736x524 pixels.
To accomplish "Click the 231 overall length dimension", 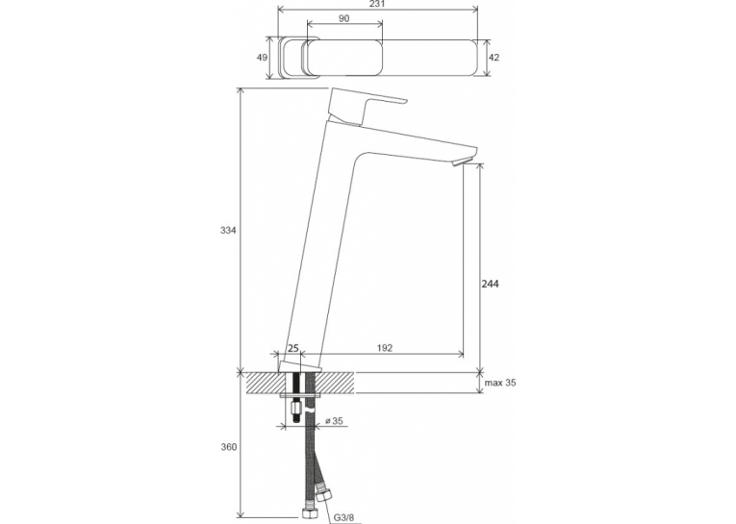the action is coord(377,4).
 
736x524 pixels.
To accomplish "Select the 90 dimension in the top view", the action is coord(344,18).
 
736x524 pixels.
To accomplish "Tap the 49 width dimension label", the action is coord(262,58).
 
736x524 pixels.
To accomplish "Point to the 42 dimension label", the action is coord(495,58).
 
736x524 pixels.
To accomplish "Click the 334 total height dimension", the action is coord(228,231).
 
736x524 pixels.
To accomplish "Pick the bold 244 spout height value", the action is coord(491,284).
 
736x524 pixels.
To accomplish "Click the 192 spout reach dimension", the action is coord(385,348).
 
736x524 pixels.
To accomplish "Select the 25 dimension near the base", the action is coord(292,348).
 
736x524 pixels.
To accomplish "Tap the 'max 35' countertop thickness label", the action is coord(500,383).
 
